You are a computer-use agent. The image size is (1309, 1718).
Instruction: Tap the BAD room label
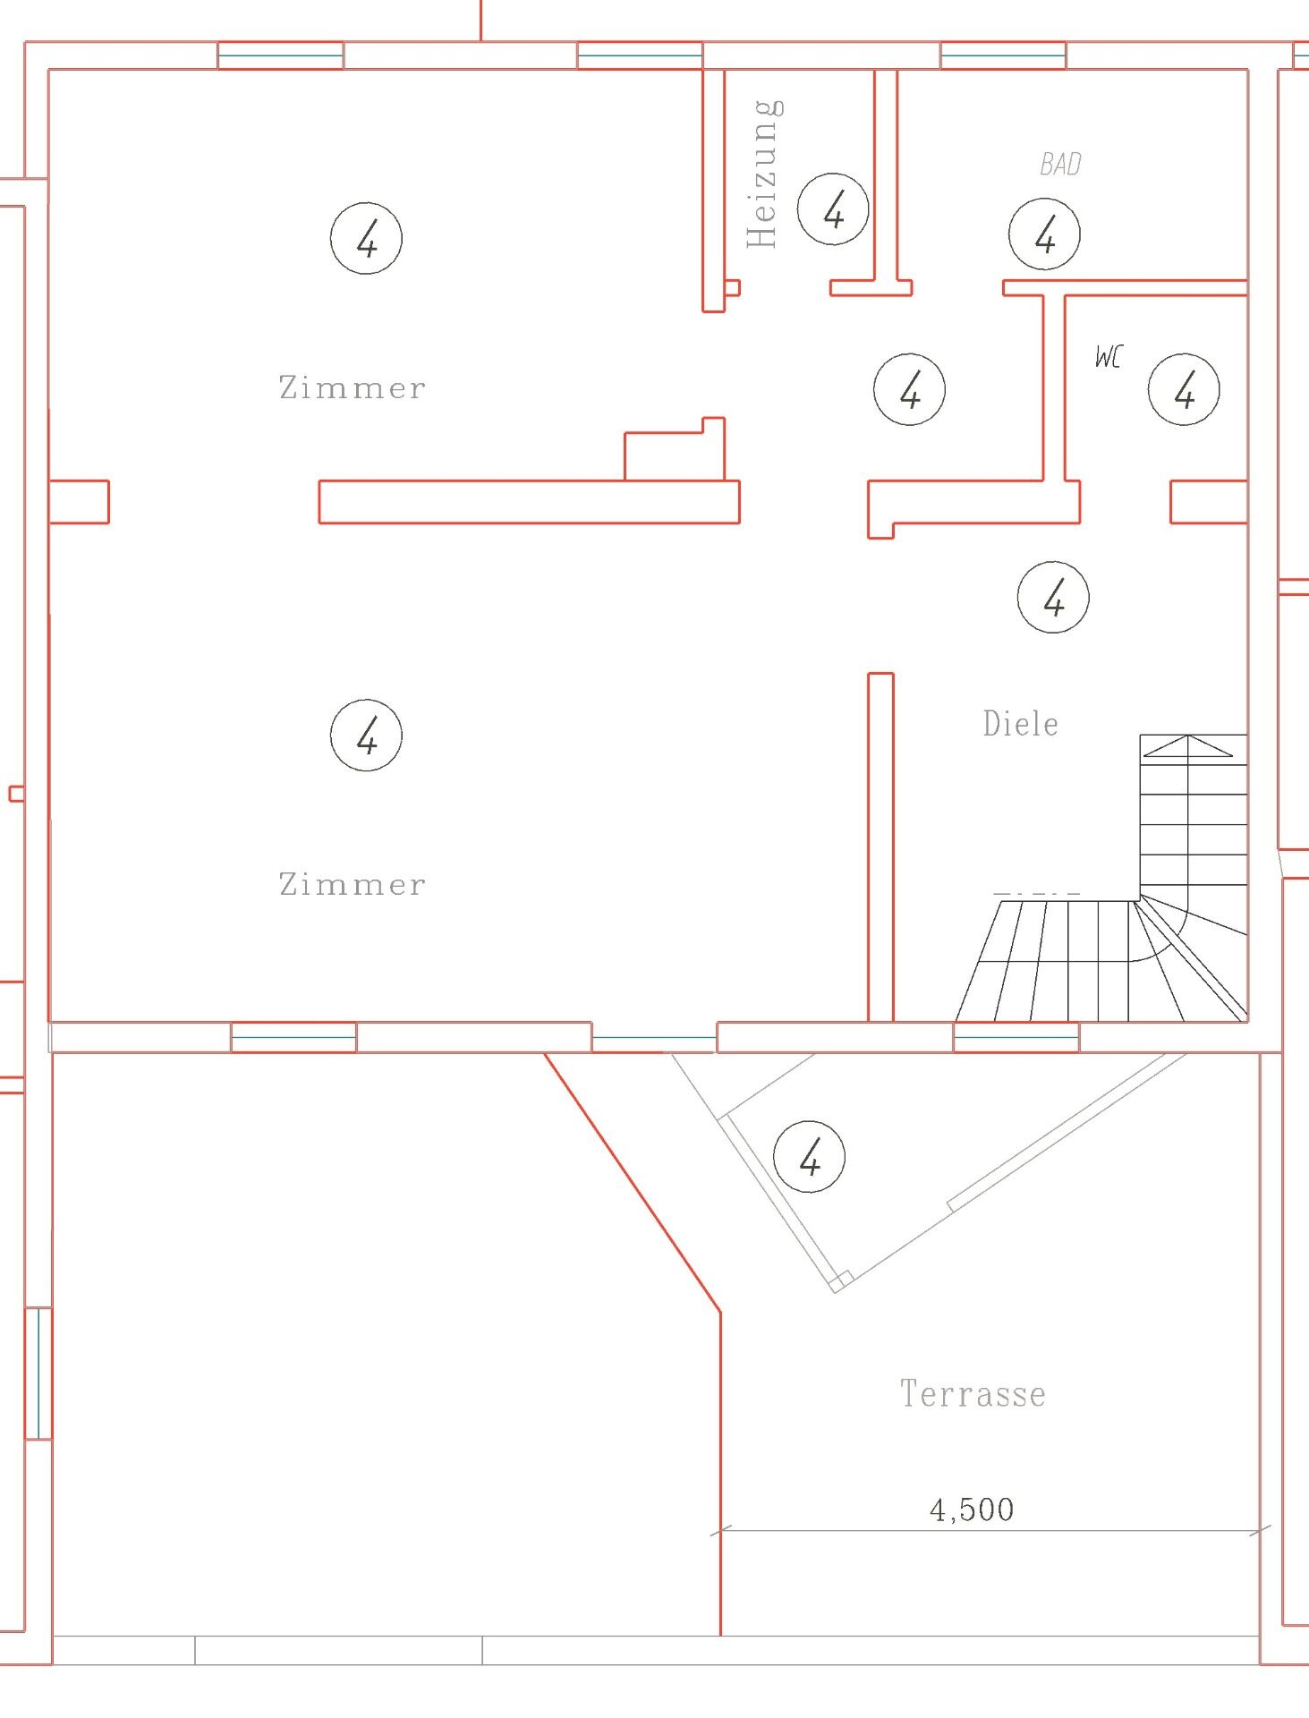coord(1060,164)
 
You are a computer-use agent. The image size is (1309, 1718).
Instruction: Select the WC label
coord(1108,357)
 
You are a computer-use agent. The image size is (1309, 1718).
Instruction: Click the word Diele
coord(1020,723)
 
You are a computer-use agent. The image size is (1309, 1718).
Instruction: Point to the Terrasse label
coord(973,1394)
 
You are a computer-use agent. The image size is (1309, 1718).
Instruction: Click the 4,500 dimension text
coord(972,1510)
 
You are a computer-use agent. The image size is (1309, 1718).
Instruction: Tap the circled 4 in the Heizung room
coord(833,210)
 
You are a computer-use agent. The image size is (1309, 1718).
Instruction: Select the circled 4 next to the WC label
coord(1184,389)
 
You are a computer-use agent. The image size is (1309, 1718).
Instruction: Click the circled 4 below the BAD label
coord(1044,234)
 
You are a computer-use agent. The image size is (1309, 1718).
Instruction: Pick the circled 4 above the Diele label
coord(1053,597)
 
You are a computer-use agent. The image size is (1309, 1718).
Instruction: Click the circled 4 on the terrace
coord(809,1157)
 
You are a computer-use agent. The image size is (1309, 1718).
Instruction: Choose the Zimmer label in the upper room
coord(353,387)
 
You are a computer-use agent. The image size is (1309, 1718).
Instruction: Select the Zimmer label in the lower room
coord(353,884)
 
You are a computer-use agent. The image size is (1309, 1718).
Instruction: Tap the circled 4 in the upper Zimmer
coord(366,239)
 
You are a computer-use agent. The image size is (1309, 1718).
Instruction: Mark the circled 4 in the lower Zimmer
coord(366,736)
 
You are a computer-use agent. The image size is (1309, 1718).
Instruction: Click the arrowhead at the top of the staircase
coord(1187,745)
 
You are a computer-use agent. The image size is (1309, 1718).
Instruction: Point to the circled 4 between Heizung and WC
coord(909,389)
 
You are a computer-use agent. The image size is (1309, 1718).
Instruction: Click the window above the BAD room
coord(1003,55)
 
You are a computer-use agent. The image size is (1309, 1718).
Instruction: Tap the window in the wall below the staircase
coord(1016,1037)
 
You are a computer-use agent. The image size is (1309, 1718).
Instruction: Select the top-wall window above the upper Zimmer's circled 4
coord(281,55)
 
